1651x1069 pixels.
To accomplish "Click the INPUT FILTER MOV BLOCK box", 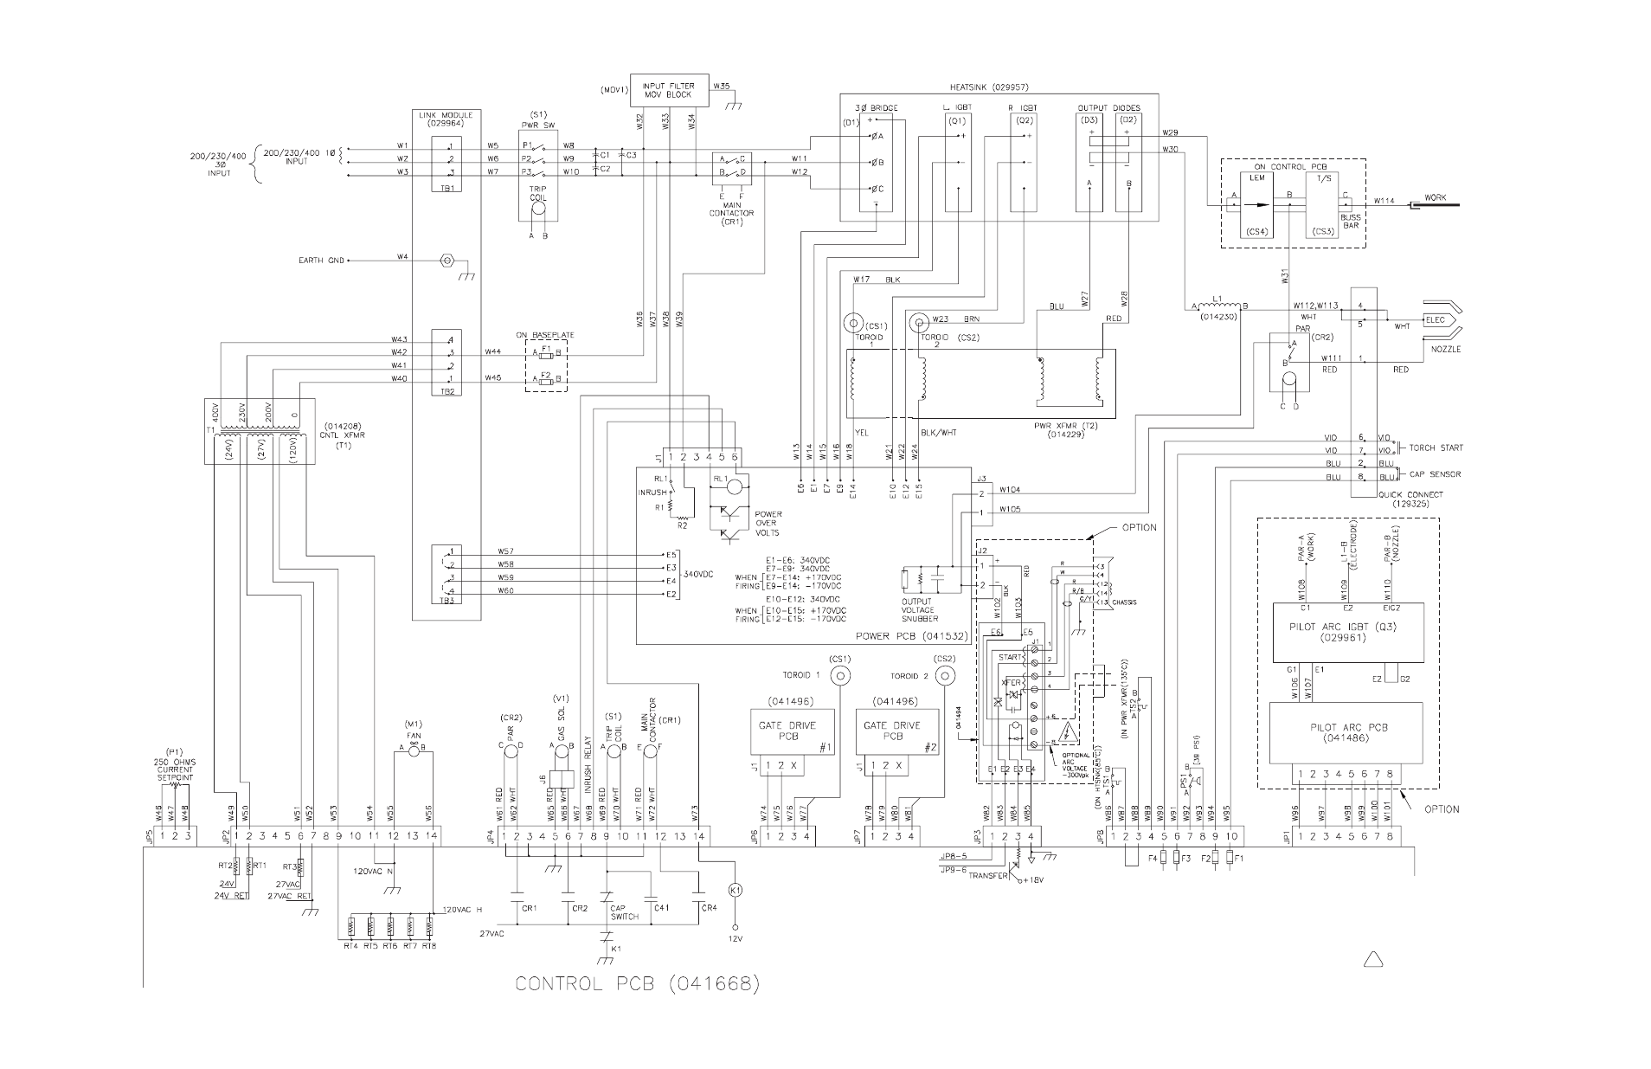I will [669, 90].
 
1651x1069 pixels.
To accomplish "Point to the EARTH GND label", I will [322, 260].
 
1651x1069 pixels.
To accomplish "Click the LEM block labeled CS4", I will [1256, 204].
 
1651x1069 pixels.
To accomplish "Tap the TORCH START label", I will [1436, 448].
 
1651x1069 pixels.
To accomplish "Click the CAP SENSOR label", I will [1433, 474].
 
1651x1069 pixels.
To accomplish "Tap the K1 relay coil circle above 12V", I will [735, 890].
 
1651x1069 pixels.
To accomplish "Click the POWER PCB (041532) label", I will [910, 635].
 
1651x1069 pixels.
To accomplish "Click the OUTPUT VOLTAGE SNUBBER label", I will [917, 609].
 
